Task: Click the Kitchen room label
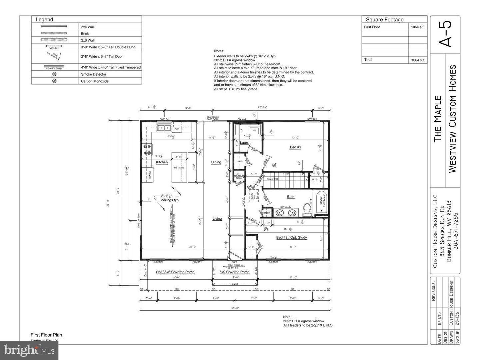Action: coord(162,162)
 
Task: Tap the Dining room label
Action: coord(216,162)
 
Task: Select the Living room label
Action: coord(217,219)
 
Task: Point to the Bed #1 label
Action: coord(295,147)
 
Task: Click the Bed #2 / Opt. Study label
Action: coord(291,238)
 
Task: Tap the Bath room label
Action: coord(291,197)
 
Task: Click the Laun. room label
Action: coord(244,143)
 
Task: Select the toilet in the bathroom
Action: coord(307,210)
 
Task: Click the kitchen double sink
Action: coord(164,127)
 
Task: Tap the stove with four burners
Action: coord(147,150)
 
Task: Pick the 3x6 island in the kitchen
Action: coord(179,167)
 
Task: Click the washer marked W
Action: coord(254,130)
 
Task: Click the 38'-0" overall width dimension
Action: coord(235,308)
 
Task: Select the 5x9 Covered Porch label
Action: coord(234,272)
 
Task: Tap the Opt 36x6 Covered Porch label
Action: coord(175,272)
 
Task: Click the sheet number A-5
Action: coord(445,34)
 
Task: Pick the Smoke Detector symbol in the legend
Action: coord(54,74)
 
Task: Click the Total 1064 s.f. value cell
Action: coord(418,60)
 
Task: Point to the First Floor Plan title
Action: coord(46,335)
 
